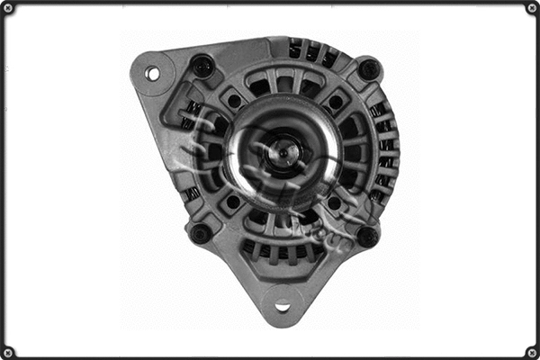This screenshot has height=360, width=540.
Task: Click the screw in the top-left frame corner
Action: coord(7,7)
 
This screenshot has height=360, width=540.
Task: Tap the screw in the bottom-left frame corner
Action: coord(7,352)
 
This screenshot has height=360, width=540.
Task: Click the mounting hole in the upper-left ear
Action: coord(152,73)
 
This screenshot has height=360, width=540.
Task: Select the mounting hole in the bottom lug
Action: coord(283,305)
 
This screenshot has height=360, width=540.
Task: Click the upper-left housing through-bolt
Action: coord(203,66)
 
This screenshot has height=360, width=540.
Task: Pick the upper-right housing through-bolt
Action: coord(368,69)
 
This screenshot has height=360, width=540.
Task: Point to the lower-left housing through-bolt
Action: coord(201,233)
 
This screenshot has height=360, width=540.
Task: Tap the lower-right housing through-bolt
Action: coord(366,237)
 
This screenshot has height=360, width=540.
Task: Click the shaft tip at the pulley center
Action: coord(283,151)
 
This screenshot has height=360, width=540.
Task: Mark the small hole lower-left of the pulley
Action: coord(233,202)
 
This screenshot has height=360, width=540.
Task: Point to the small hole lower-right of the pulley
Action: coord(334,203)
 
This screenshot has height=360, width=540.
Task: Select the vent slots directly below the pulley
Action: coord(283,249)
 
